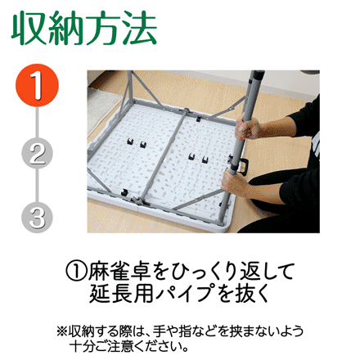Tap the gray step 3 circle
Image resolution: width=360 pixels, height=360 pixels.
coord(37,218)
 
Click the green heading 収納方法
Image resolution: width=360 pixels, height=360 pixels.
coord(84,28)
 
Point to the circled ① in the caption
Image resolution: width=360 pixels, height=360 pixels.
coord(76,272)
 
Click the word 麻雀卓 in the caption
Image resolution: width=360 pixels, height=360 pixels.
coord(119,272)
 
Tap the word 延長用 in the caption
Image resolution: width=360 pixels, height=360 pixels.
coord(121,294)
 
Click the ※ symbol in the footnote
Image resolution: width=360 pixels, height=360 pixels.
coord(62,331)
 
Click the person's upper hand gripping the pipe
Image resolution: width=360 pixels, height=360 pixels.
coord(247,128)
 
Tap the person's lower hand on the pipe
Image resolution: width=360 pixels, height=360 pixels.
coord(234,182)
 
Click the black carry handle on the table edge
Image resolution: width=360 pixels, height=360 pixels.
coord(244,165)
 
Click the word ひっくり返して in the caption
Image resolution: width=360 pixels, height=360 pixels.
coord(223,272)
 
